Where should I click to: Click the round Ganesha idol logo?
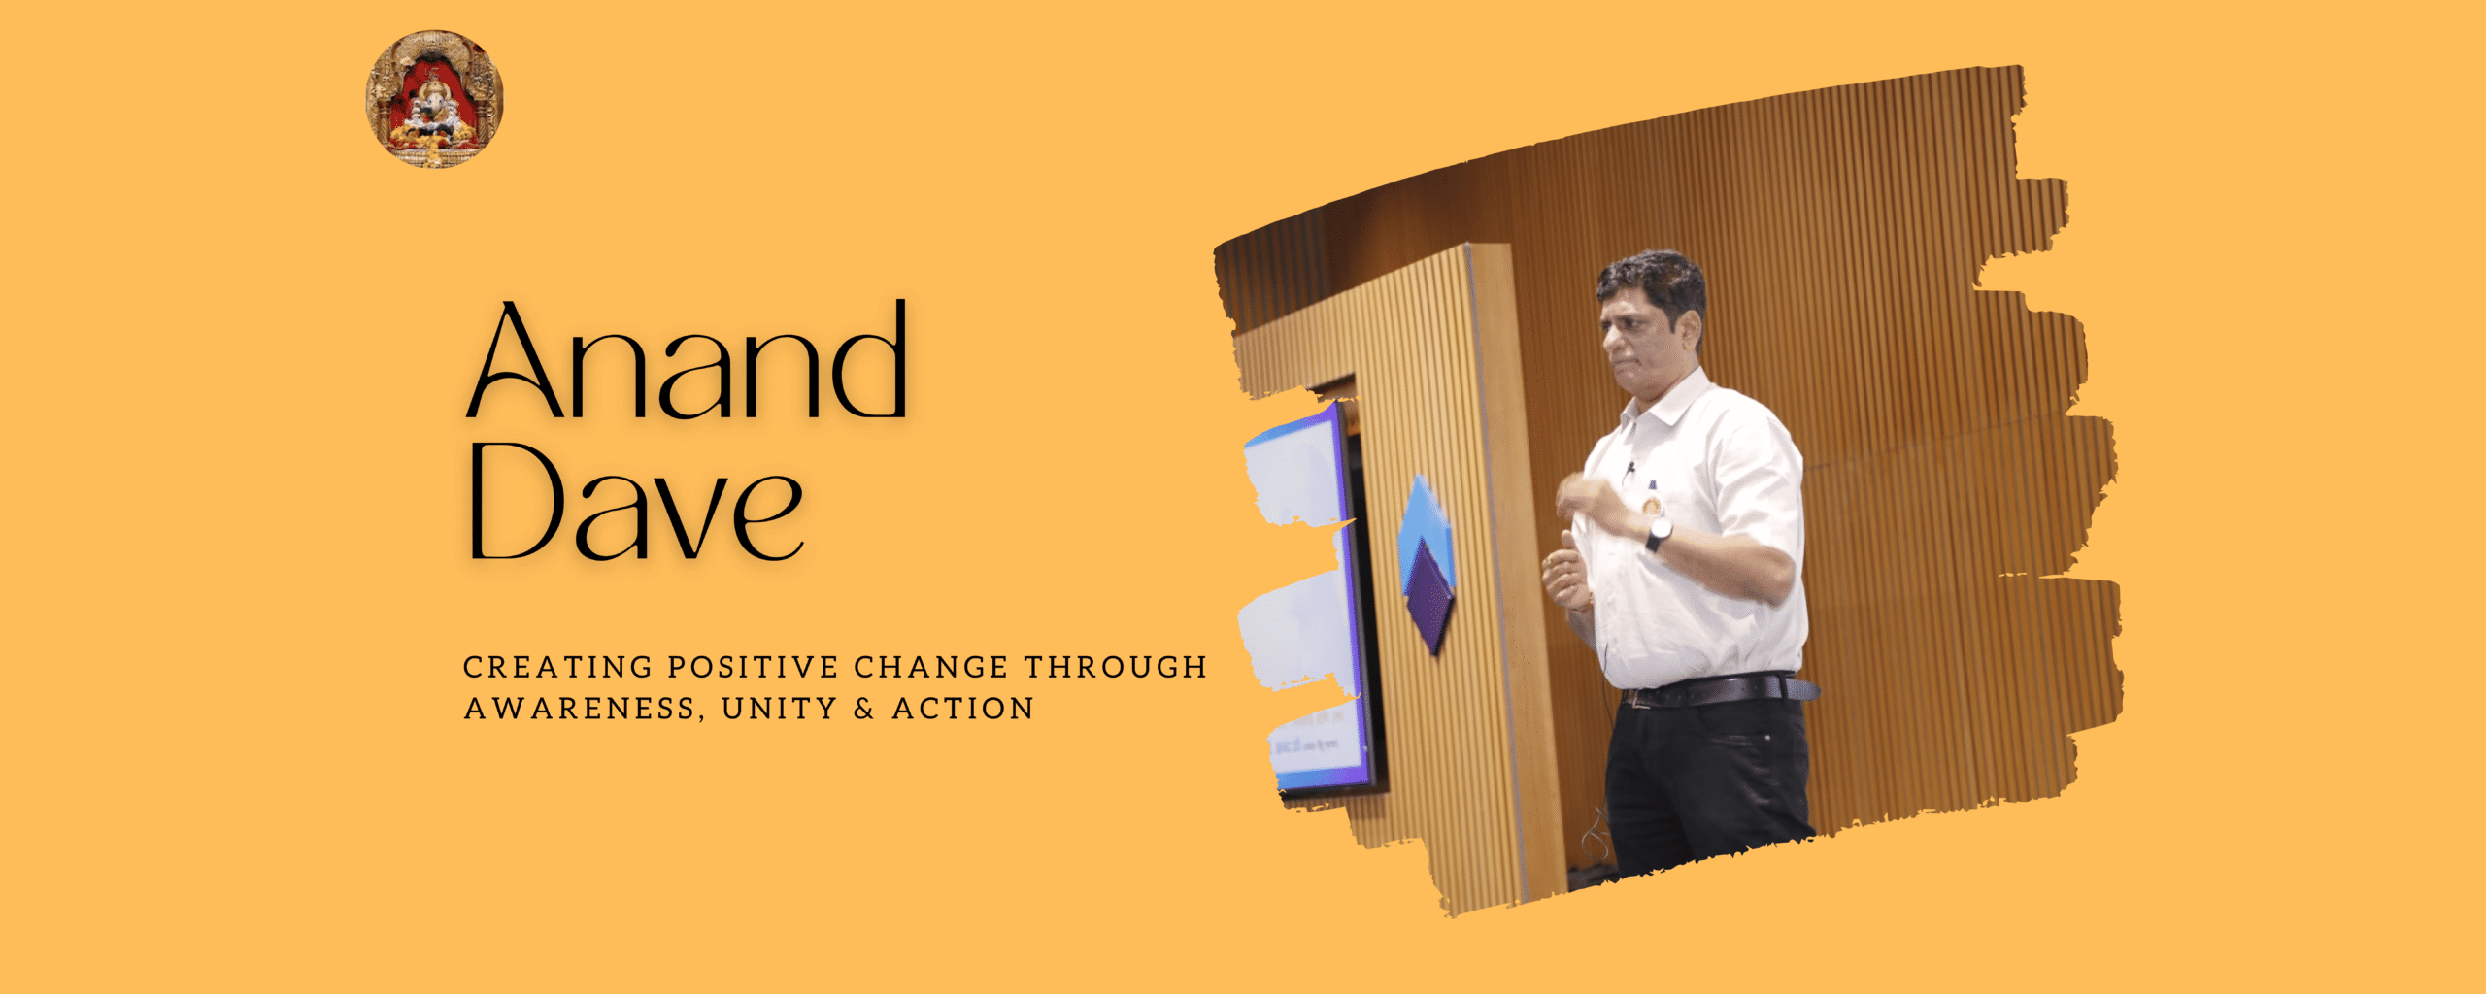tap(434, 98)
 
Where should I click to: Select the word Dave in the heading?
tap(636, 502)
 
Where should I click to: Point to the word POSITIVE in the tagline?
tap(753, 668)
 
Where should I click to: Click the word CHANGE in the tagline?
tap(931, 668)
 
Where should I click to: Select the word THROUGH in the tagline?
tap(1116, 668)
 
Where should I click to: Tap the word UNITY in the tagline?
tap(780, 709)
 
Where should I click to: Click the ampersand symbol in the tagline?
tap(864, 709)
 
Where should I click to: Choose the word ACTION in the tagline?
tap(963, 709)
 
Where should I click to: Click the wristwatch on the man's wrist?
tap(1657, 532)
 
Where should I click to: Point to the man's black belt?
tap(1719, 689)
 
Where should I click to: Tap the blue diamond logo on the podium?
tap(1426, 563)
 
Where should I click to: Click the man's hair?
tap(1653, 284)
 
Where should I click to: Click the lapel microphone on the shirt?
tap(1630, 472)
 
